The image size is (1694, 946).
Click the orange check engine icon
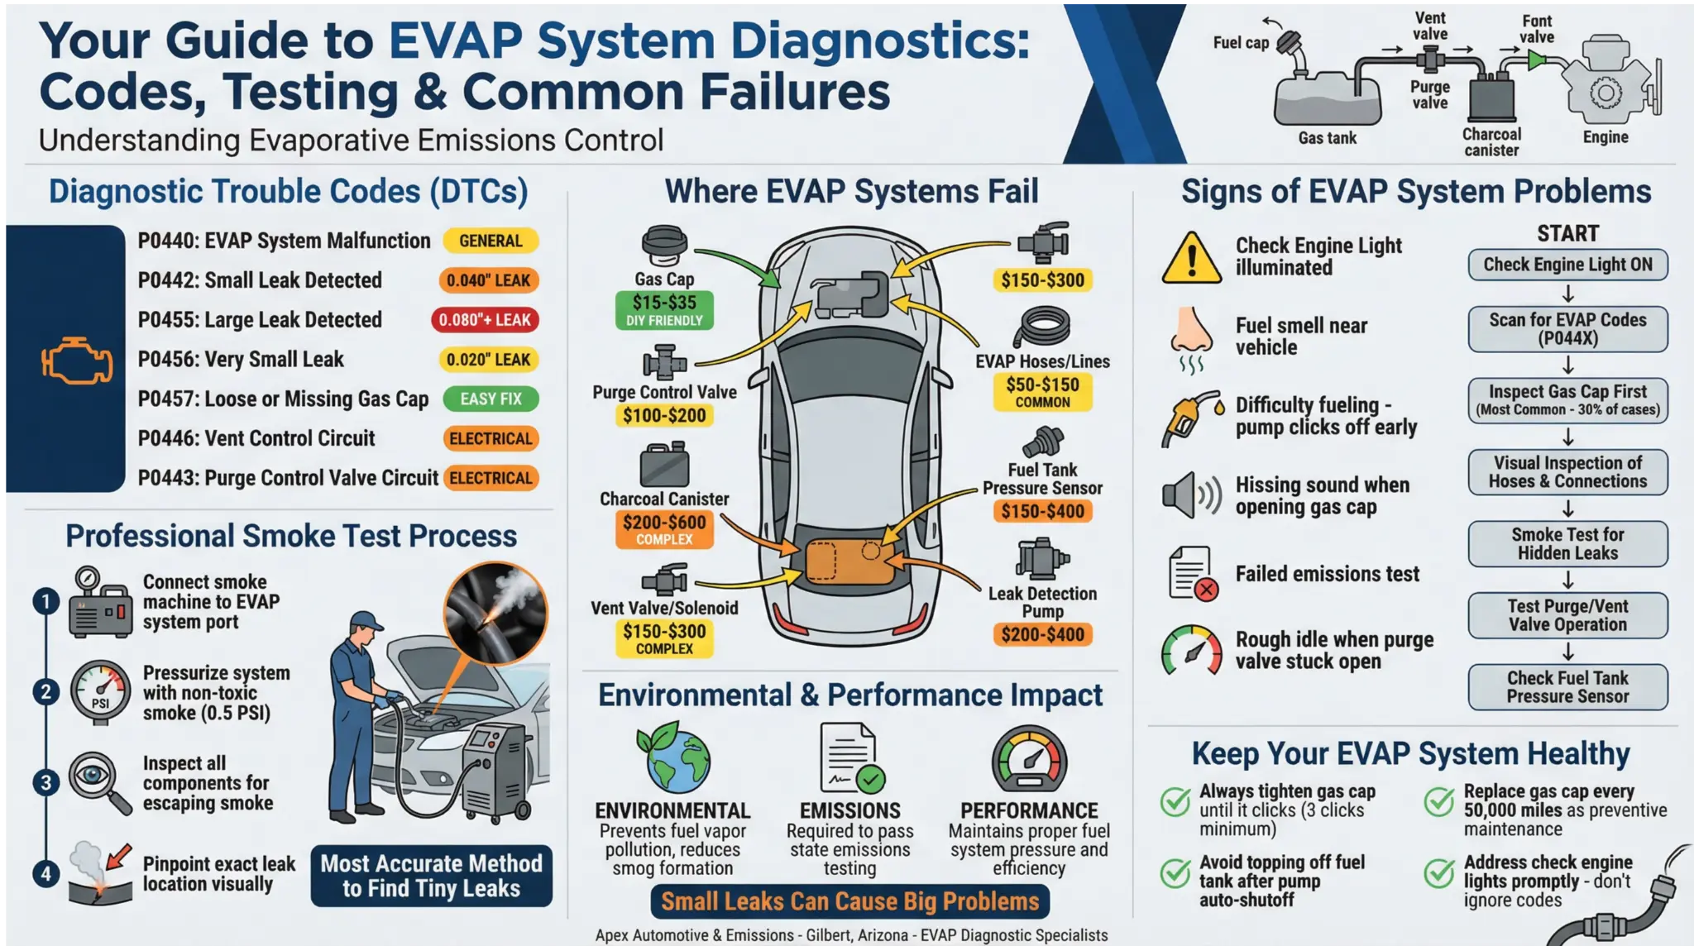77,361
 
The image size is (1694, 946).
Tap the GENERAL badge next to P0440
490,241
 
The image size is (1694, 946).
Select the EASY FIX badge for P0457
490,399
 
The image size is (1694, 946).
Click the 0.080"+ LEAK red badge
485,320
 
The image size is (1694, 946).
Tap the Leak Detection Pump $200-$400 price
1042,635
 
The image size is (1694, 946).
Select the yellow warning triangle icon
1191,259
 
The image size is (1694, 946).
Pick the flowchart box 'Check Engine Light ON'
1567,265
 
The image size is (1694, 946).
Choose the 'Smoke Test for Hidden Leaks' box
1567,543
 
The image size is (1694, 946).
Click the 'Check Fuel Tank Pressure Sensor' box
1567,687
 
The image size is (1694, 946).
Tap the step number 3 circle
46,782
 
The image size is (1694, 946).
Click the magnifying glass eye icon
98,780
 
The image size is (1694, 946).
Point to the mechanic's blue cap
366,620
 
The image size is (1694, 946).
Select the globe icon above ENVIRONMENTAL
672,758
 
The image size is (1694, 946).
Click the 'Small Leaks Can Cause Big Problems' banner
849,901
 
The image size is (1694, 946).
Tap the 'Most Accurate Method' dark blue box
431,876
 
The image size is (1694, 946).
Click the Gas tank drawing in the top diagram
1327,101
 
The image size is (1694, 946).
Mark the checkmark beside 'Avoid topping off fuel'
1175,873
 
